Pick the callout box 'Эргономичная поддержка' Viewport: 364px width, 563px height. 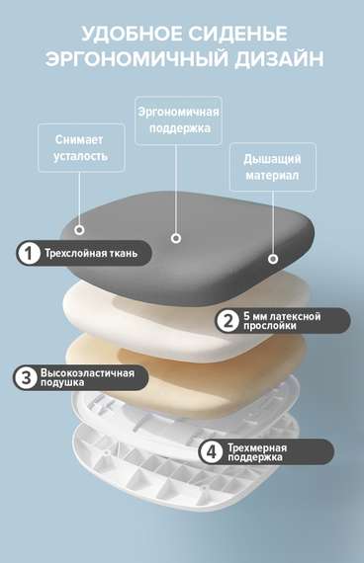(177, 121)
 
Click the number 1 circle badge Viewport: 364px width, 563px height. (29, 254)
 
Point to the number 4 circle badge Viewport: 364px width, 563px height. (211, 452)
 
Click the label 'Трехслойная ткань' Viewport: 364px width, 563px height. (97, 254)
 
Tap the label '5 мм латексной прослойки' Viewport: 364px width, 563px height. (293, 321)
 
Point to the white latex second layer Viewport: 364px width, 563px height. (119, 306)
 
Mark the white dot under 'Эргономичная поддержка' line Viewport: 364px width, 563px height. (176, 238)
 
